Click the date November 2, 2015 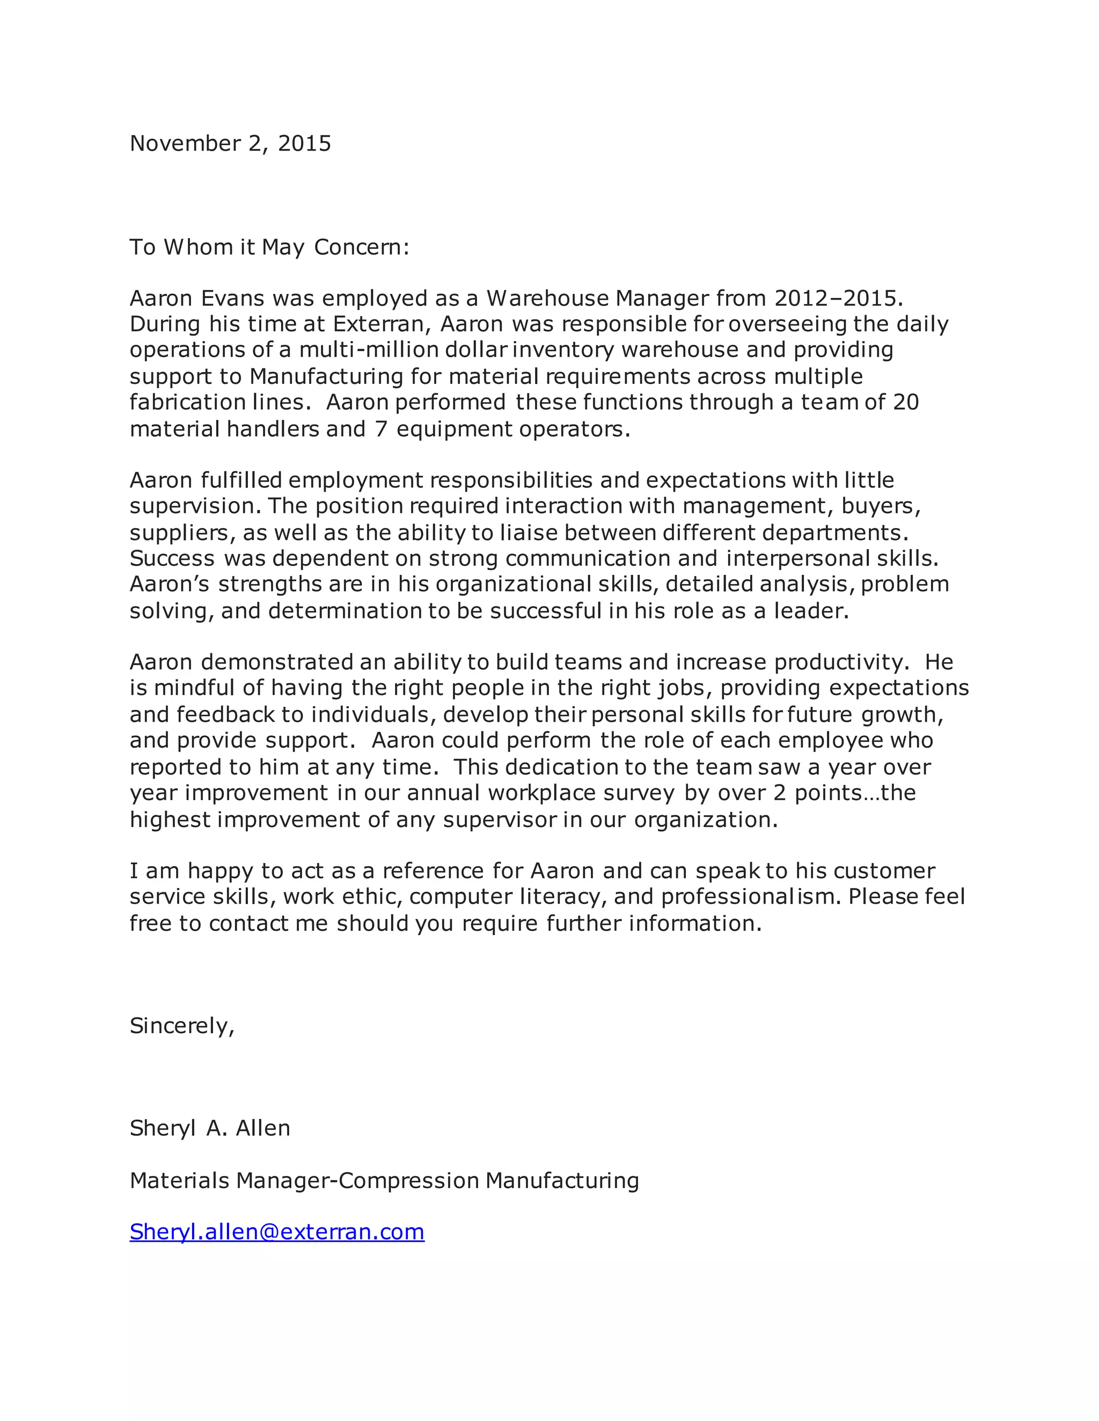(x=230, y=143)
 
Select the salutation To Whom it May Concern (x=269, y=247)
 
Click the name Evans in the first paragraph (x=232, y=298)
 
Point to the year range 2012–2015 (x=836, y=298)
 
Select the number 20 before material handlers (x=905, y=402)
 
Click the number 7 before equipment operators (x=382, y=430)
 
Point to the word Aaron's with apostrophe (x=169, y=584)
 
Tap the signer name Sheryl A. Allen (x=210, y=1128)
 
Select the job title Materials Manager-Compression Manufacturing (x=384, y=1180)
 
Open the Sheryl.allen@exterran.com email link (x=277, y=1232)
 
